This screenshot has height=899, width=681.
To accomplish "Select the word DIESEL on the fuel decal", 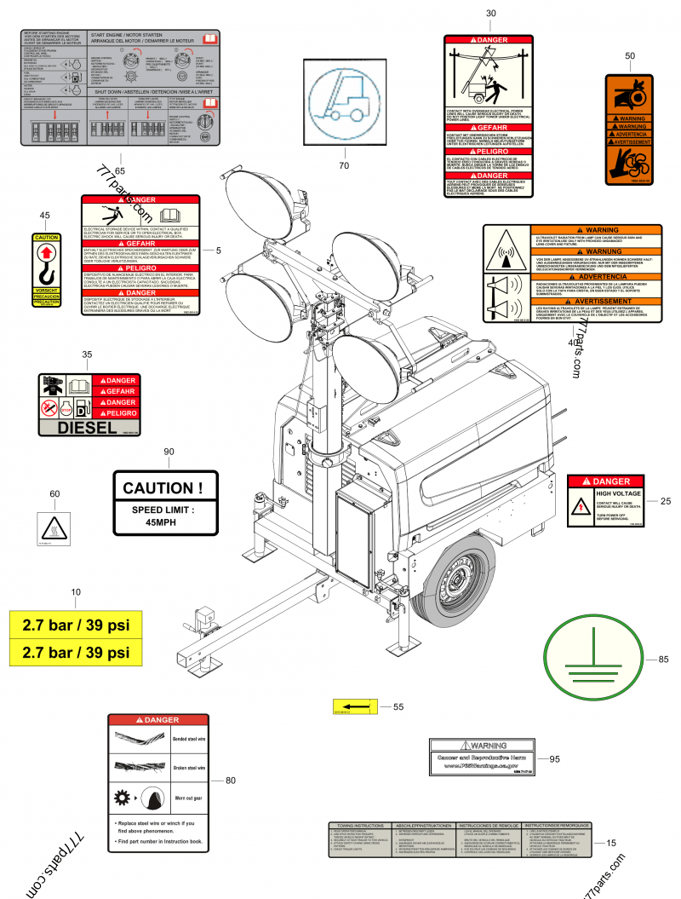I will [x=88, y=427].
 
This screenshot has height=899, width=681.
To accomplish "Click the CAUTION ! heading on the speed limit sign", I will [x=163, y=488].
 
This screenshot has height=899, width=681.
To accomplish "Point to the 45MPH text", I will [x=163, y=522].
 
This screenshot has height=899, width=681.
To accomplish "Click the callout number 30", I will [x=489, y=14].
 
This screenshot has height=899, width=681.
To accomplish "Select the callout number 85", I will [x=663, y=659].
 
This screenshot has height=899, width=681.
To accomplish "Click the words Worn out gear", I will [x=189, y=798].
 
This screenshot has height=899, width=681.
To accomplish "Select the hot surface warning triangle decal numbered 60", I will [x=53, y=527].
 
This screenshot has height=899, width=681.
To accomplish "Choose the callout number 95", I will [x=554, y=758].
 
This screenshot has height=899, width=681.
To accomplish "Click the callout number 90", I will [x=169, y=452].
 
